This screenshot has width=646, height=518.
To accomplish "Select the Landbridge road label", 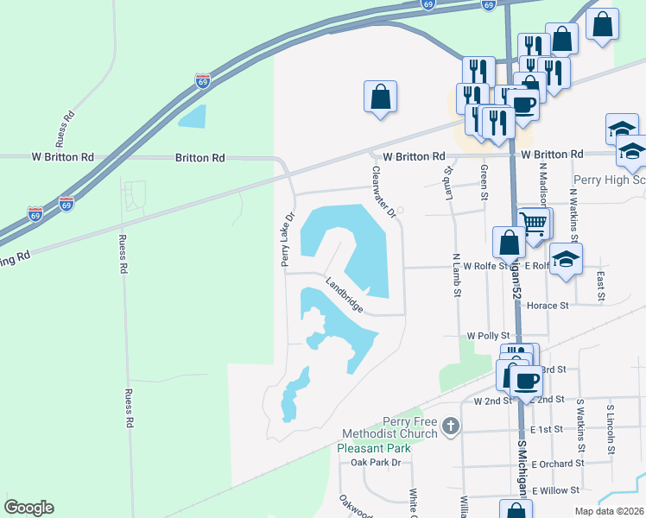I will pyautogui.click(x=344, y=294).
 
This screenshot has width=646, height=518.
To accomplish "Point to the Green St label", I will pyautogui.click(x=484, y=180).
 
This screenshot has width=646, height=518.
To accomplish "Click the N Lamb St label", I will pyautogui.click(x=455, y=275).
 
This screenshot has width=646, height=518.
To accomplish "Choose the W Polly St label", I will pyautogui.click(x=490, y=335).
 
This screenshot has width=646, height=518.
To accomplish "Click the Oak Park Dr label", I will pyautogui.click(x=377, y=463).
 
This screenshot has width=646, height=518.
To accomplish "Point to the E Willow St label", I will pyautogui.click(x=555, y=490).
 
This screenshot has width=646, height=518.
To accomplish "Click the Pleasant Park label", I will pyautogui.click(x=374, y=447).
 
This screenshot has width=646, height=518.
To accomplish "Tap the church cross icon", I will pyautogui.click(x=450, y=426).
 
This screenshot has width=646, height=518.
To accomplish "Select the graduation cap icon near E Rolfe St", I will pyautogui.click(x=566, y=259).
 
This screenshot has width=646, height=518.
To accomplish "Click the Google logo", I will pyautogui.click(x=28, y=508).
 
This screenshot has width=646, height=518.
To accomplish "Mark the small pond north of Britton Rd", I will pyautogui.click(x=193, y=116).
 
